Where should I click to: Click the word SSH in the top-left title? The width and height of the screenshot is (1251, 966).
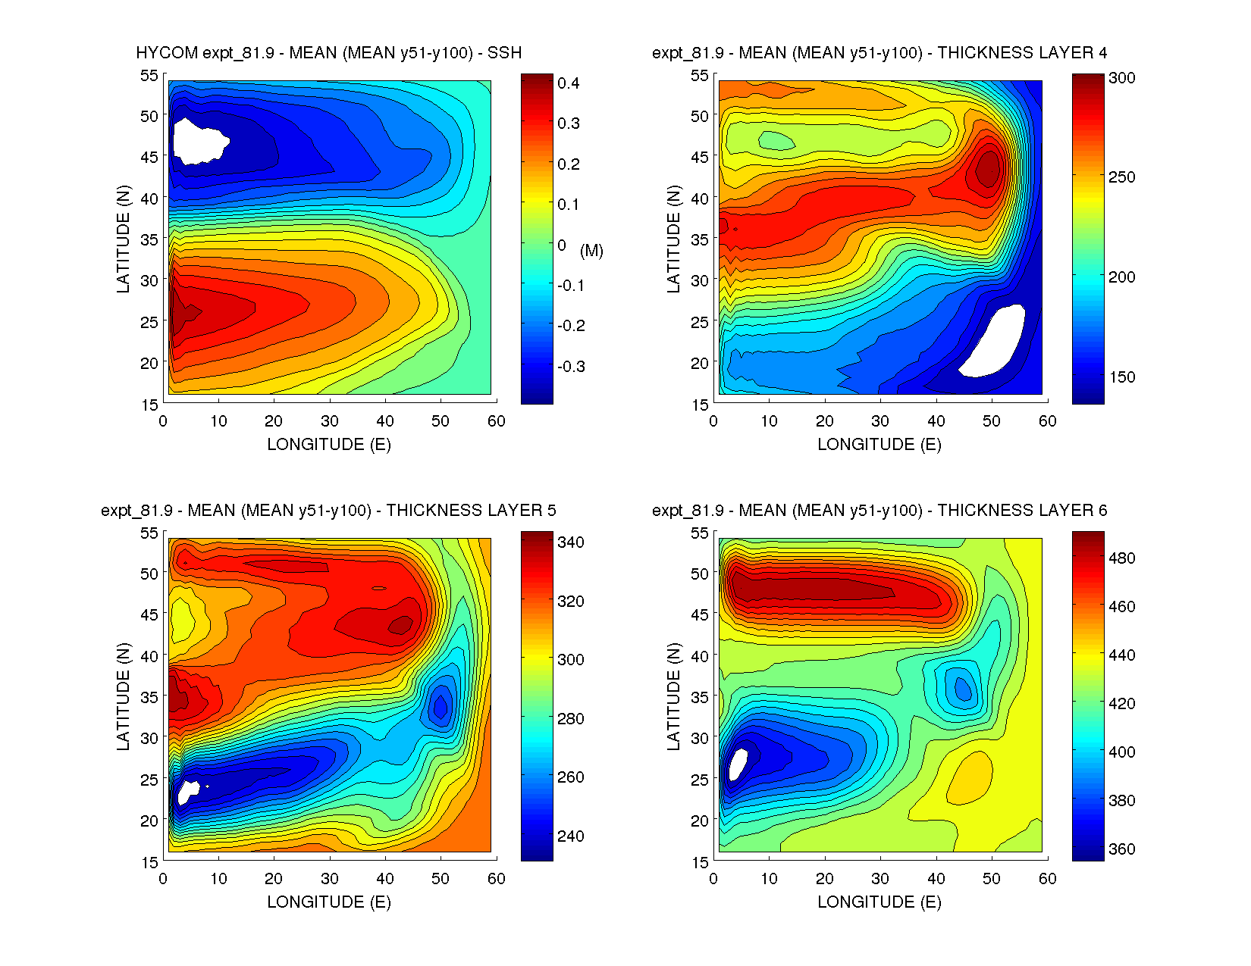pyautogui.click(x=504, y=53)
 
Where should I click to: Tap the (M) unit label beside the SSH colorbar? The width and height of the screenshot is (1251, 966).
pyautogui.click(x=591, y=251)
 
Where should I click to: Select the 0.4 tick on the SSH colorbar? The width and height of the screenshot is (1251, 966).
pyautogui.click(x=568, y=83)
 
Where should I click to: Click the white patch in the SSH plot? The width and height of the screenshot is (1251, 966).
pyautogui.click(x=199, y=140)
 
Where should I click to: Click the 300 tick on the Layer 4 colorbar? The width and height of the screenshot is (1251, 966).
pyautogui.click(x=1121, y=78)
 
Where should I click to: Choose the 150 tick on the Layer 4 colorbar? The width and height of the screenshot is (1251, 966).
pyautogui.click(x=1121, y=377)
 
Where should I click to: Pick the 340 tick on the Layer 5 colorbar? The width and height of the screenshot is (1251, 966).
pyautogui.click(x=570, y=542)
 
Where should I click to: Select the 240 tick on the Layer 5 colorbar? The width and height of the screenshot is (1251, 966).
pyautogui.click(x=570, y=836)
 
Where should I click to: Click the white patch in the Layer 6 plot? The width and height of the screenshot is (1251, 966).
pyautogui.click(x=737, y=764)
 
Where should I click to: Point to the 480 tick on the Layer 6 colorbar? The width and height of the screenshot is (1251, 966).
pyautogui.click(x=1121, y=558)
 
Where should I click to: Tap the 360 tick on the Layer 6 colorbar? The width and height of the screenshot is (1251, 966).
pyautogui.click(x=1121, y=849)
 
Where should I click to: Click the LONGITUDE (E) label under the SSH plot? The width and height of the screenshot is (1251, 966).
pyautogui.click(x=329, y=445)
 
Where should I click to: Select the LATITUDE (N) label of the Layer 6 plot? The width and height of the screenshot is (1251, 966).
pyautogui.click(x=673, y=696)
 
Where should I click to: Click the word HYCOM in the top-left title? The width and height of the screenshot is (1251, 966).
pyautogui.click(x=167, y=53)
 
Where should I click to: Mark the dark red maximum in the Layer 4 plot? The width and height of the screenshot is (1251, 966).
pyautogui.click(x=988, y=169)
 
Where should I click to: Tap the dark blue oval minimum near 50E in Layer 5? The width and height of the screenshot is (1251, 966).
pyautogui.click(x=440, y=705)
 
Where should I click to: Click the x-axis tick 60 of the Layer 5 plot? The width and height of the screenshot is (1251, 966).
pyautogui.click(x=497, y=879)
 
